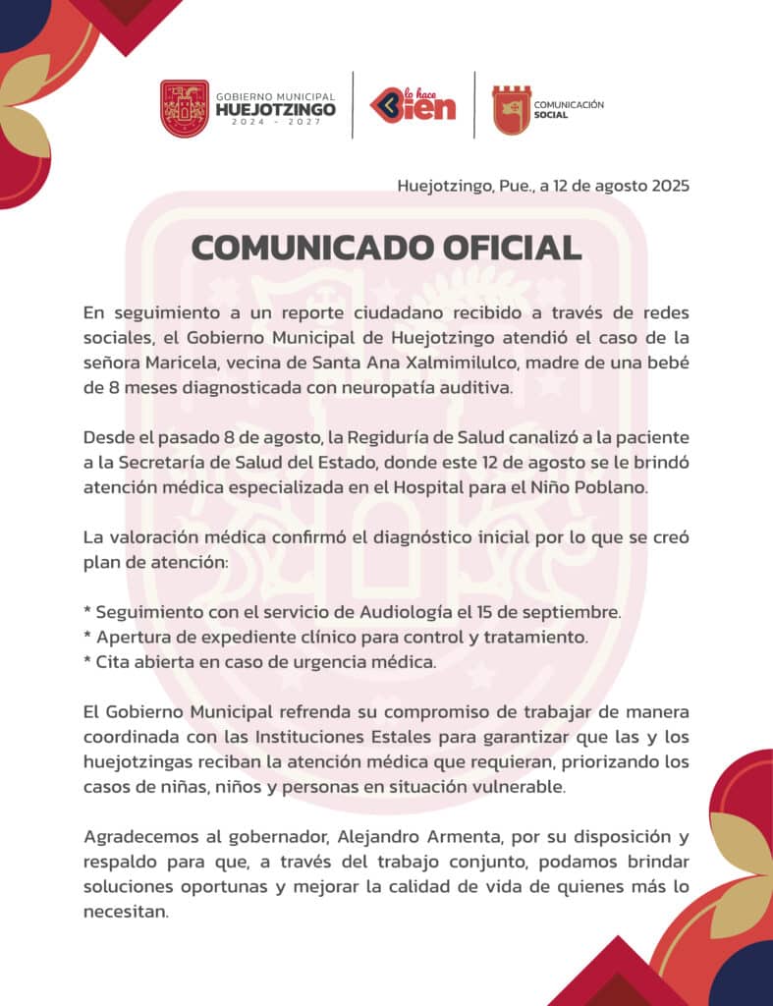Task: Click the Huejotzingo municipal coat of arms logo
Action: click(x=185, y=108)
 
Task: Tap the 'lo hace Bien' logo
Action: click(x=413, y=103)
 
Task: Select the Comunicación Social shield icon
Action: click(x=511, y=109)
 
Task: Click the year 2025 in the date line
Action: click(x=669, y=186)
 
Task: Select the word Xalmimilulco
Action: click(x=498, y=363)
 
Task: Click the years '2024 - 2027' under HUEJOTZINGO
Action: click(x=275, y=125)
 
